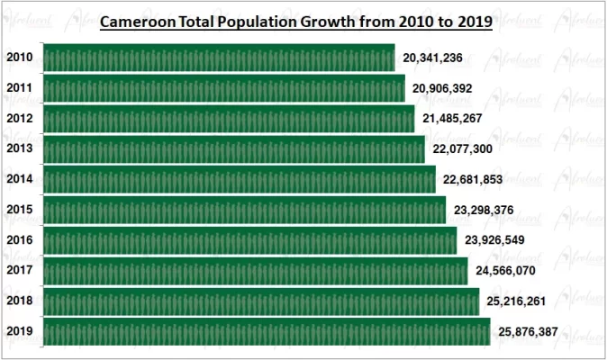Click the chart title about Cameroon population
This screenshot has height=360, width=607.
tap(295, 22)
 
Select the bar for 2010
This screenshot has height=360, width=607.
tap(218, 58)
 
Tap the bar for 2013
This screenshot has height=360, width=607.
tap(233, 148)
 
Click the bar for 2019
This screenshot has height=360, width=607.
tap(266, 331)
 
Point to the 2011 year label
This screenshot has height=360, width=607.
tap(20, 88)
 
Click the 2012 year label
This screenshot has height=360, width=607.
tap(20, 119)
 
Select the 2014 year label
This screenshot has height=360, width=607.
tap(20, 179)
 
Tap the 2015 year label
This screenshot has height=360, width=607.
tap(20, 210)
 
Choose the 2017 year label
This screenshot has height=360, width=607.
tap(20, 270)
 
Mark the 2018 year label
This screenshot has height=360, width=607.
tap(20, 301)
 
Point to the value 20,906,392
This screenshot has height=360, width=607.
tap(442, 89)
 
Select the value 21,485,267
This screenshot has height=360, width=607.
tap(453, 119)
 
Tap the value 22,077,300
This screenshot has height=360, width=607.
tap(463, 149)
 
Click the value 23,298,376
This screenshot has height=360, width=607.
tap(484, 210)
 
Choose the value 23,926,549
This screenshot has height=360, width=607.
tap(494, 240)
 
